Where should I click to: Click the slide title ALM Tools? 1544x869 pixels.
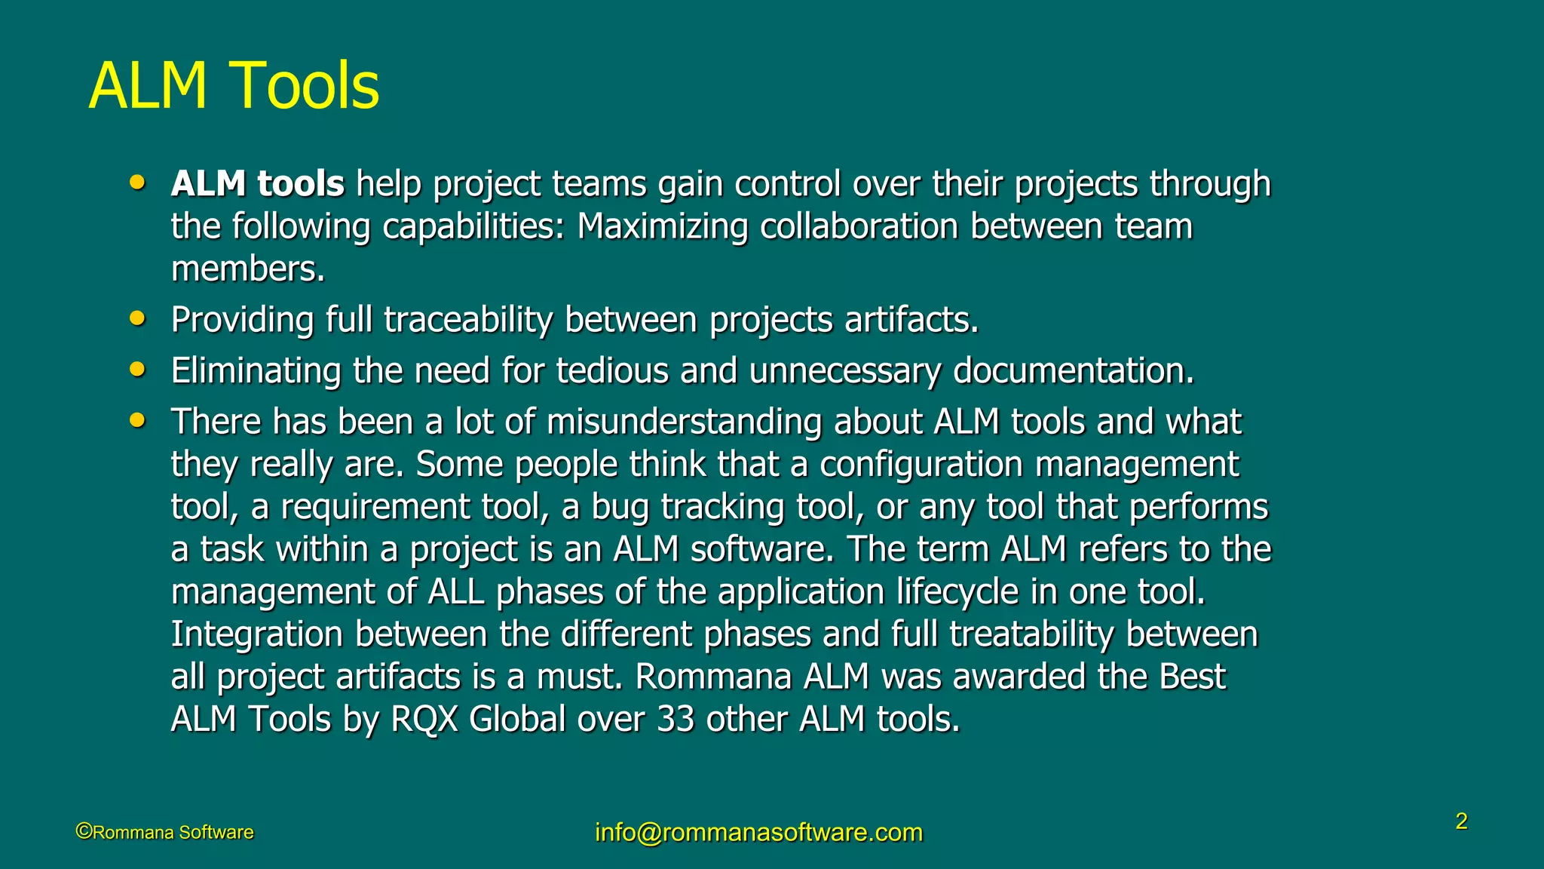234,86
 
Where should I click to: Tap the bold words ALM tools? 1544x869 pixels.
257,184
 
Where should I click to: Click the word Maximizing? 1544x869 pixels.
662,226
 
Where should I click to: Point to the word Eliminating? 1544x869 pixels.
256,371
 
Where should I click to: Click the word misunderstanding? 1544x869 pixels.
684,422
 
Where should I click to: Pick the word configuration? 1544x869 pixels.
921,465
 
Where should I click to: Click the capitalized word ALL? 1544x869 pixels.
455,592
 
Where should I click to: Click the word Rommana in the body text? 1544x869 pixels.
712,677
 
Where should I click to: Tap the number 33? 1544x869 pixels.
675,719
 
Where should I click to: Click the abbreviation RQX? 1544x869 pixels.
424,719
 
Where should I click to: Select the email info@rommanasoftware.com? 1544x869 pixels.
758,832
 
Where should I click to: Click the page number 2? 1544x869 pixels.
1461,821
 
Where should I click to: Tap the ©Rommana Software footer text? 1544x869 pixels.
165,832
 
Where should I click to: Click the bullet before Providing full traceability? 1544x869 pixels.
136,318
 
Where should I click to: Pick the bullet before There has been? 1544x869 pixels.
136,420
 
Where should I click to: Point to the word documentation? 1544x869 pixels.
1073,371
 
